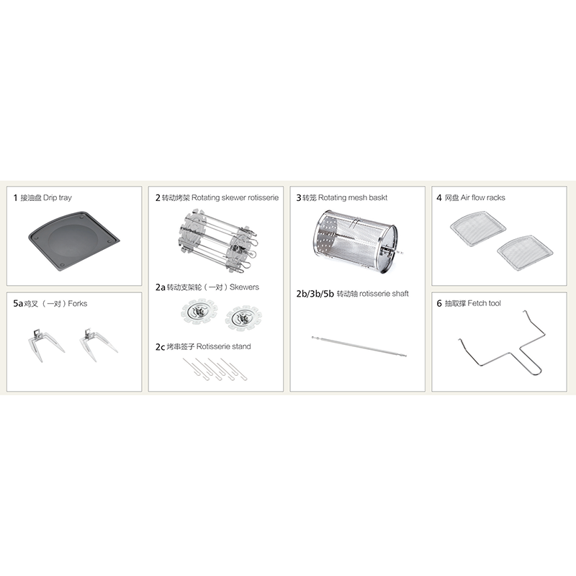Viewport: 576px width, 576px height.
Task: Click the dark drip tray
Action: point(74,241)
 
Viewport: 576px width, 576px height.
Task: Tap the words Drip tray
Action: point(58,197)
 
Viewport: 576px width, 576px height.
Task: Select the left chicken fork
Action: point(45,345)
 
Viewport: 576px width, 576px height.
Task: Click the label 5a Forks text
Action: point(50,303)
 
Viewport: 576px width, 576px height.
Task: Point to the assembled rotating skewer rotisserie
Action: point(218,241)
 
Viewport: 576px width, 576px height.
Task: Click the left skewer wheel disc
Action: point(199,312)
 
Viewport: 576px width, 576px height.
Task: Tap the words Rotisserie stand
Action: point(224,346)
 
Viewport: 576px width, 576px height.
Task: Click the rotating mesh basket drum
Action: point(355,242)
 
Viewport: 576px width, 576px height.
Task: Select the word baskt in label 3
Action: point(378,197)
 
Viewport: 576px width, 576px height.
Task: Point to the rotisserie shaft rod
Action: point(359,346)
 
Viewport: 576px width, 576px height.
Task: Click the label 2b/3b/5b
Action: point(315,294)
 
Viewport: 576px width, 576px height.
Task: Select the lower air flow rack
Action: point(525,253)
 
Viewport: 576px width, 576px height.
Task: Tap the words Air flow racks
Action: point(482,197)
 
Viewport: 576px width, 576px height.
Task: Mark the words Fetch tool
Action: point(484,303)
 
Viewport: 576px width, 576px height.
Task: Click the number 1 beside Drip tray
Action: point(15,198)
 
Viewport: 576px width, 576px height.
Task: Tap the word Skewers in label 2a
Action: point(244,287)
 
